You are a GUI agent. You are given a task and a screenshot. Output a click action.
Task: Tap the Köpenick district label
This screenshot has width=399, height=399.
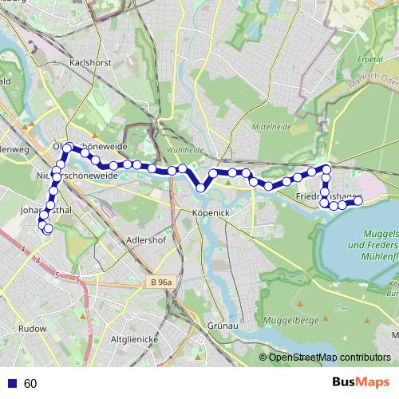coord(211,213)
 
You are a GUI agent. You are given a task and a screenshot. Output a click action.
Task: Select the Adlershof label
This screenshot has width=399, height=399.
coord(144,239)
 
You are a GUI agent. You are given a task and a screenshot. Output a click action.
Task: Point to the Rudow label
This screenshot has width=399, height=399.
coord(33,327)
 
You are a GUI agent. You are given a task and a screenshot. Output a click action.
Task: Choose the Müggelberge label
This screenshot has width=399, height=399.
coord(297,298)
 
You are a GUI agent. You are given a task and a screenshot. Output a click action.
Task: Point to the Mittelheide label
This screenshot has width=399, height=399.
coord(270,126)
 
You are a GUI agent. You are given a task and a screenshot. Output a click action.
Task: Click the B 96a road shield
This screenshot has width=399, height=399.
coord(164,282)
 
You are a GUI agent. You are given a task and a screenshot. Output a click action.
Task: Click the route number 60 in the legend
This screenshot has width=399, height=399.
coord(31,384)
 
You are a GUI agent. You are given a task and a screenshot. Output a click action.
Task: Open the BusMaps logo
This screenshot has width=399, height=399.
coord(361,383)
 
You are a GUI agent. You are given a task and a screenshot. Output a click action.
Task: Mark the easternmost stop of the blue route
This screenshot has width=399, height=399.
coord(358,202)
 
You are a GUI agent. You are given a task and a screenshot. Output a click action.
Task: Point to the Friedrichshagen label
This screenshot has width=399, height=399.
coord(329,196)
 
